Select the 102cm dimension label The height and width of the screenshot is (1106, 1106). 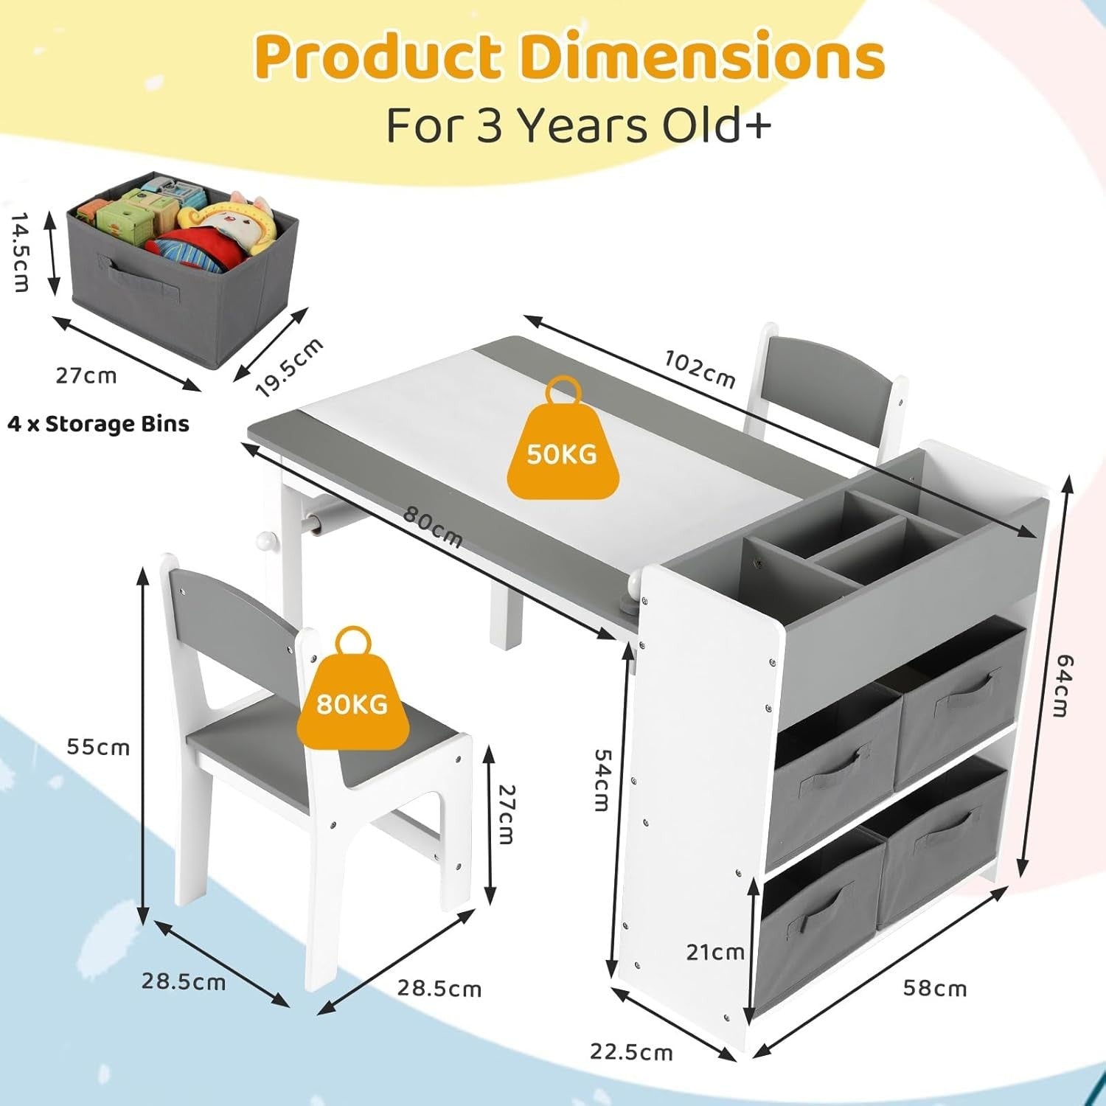700,369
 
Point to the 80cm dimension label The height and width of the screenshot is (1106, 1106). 433,528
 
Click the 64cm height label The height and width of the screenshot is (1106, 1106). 1061,685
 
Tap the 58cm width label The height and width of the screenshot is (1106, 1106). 935,988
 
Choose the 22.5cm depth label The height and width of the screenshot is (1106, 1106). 631,1051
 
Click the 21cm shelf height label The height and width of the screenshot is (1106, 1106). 715,952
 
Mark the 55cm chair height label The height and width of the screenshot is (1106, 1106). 98,747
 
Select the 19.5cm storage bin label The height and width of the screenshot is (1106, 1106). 290,367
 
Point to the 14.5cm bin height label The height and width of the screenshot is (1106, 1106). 21,253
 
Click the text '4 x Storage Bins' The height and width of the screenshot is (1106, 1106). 98,424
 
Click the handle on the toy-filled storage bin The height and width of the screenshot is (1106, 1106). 142,277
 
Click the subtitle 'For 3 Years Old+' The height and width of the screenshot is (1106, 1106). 579,125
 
